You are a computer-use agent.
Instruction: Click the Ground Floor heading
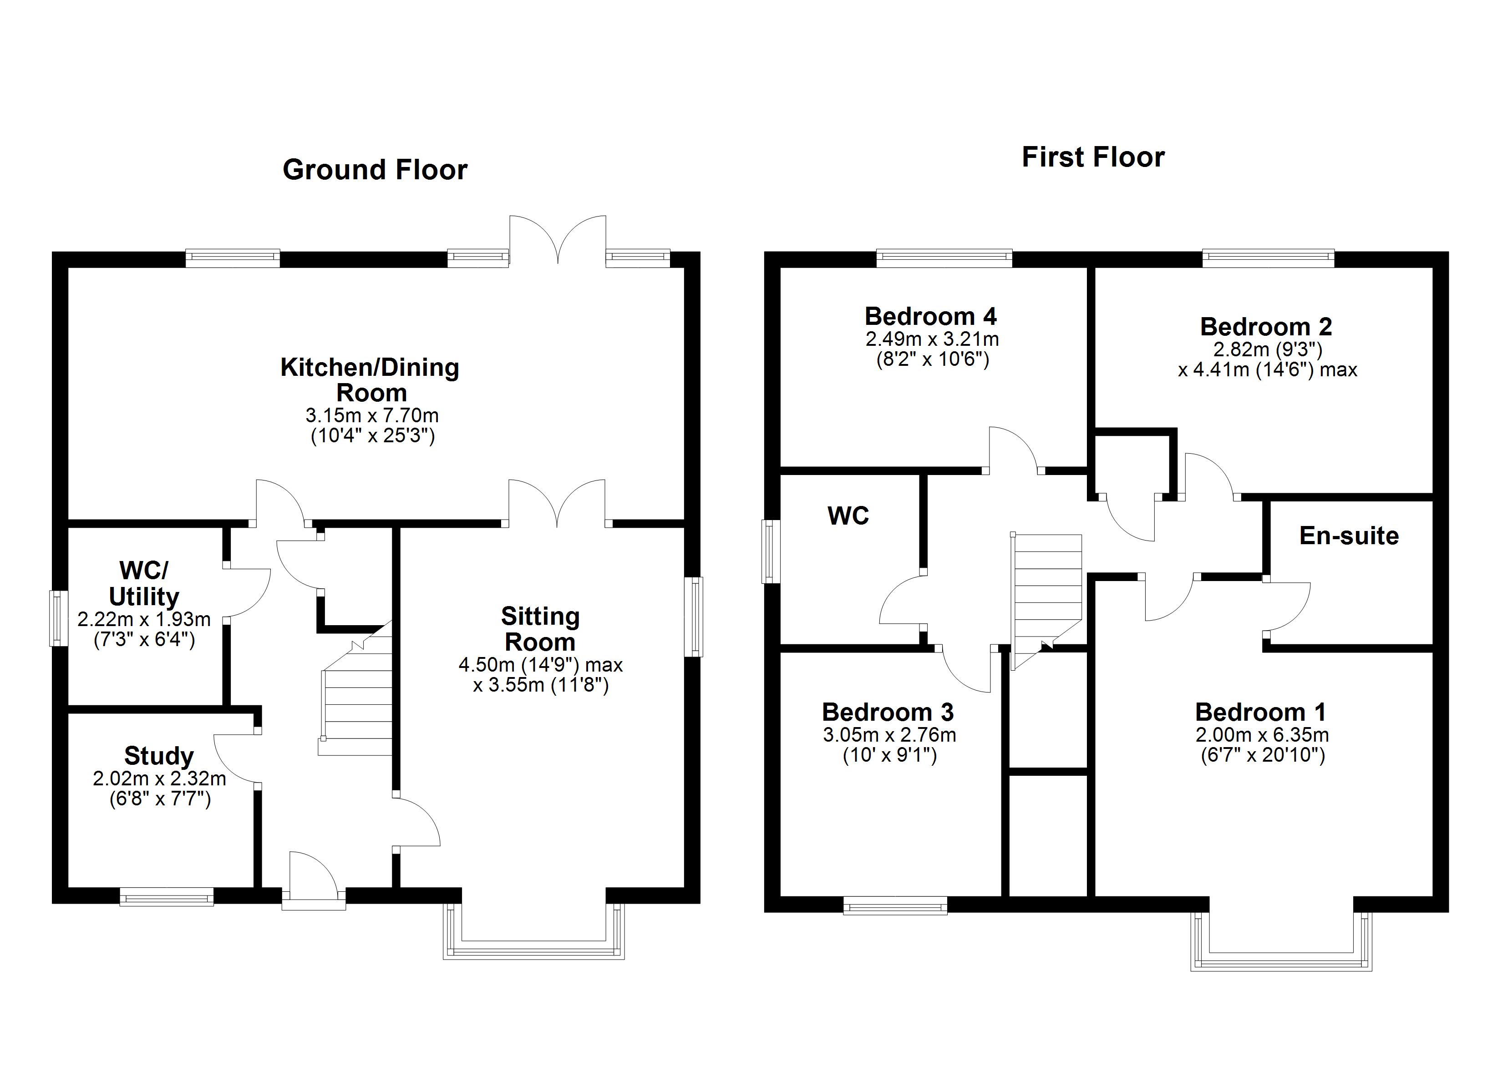[x=375, y=170]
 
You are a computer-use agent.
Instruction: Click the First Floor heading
[x=1093, y=157]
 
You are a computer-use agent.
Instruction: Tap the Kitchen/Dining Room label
[x=370, y=379]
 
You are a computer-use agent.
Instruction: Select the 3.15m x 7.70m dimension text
[x=371, y=416]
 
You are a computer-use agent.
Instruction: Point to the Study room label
[x=159, y=756]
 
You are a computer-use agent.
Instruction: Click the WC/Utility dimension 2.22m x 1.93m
[x=144, y=620]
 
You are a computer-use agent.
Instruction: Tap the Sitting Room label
[x=540, y=629]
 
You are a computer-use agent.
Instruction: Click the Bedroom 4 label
[x=930, y=317]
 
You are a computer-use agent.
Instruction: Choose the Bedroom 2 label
[x=1266, y=327]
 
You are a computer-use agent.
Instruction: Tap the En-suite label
[x=1349, y=536]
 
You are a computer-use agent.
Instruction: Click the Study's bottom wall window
[x=167, y=899]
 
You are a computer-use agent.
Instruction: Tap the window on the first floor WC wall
[x=771, y=551]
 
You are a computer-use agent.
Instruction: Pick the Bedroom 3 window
[x=895, y=905]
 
